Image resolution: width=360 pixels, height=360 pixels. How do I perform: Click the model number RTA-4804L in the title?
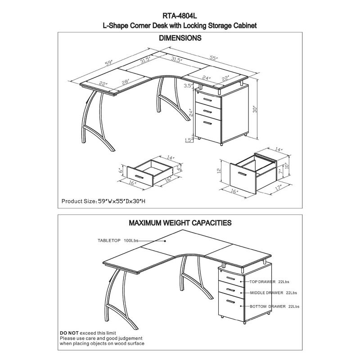pos(180,15)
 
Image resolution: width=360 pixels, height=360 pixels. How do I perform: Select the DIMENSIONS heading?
pos(180,39)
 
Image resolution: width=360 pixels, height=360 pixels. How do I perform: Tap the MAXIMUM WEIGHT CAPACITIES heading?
pos(180,222)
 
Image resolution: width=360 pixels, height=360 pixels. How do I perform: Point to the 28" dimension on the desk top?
pos(125,81)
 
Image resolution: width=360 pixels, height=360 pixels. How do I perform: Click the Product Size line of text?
pos(103,202)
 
